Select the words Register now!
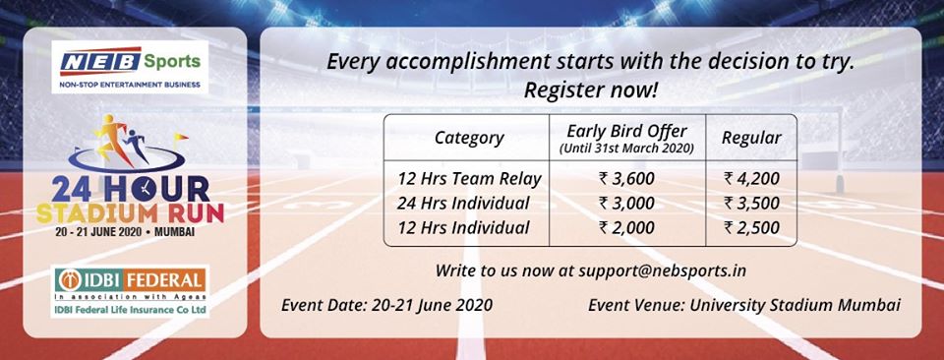590,90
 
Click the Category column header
469,138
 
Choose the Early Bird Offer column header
627,138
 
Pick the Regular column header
751,138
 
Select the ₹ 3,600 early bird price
627,178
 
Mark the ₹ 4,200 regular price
751,178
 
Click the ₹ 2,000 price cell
627,228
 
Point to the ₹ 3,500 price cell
751,203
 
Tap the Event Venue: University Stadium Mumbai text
743,305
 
